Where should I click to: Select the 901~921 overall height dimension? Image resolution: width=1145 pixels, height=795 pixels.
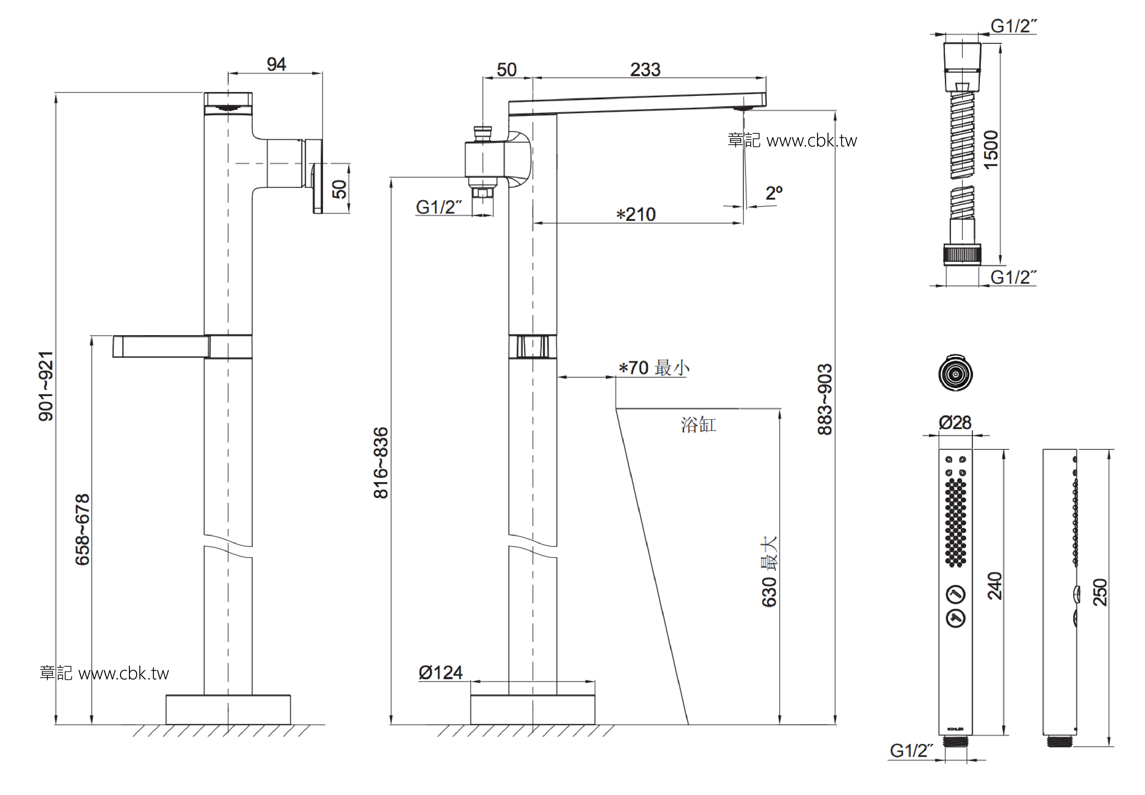click(x=46, y=386)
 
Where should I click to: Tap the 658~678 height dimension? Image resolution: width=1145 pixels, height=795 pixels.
click(x=82, y=529)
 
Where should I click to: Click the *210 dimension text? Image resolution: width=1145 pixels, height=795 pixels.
click(x=636, y=215)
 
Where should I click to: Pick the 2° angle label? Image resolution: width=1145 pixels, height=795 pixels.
click(x=774, y=193)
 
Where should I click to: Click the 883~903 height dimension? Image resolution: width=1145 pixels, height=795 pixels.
click(x=825, y=400)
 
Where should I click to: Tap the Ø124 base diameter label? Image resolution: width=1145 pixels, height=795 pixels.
click(x=441, y=673)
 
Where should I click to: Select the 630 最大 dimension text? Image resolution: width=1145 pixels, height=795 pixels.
click(x=769, y=571)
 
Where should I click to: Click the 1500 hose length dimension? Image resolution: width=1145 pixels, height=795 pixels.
click(x=991, y=150)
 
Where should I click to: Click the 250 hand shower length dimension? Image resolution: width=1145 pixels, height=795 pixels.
click(x=1100, y=592)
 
